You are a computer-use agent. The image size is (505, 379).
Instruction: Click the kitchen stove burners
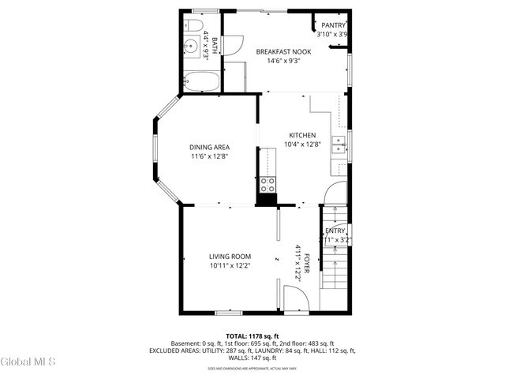click(267, 186)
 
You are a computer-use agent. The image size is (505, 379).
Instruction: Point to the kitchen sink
click(339, 144)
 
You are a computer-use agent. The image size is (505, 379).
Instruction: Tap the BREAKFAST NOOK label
click(283, 52)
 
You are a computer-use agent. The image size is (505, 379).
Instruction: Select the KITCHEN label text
click(302, 135)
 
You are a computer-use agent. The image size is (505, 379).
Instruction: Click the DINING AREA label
click(209, 148)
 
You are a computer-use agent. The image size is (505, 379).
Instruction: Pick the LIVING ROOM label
click(230, 257)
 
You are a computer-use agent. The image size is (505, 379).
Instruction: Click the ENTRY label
click(335, 231)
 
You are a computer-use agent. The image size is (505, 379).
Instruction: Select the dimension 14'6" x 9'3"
click(283, 62)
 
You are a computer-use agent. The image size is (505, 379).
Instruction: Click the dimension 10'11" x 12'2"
click(230, 266)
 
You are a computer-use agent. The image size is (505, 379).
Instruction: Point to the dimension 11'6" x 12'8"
click(209, 157)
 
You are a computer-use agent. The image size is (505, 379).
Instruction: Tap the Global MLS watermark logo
click(28, 362)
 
